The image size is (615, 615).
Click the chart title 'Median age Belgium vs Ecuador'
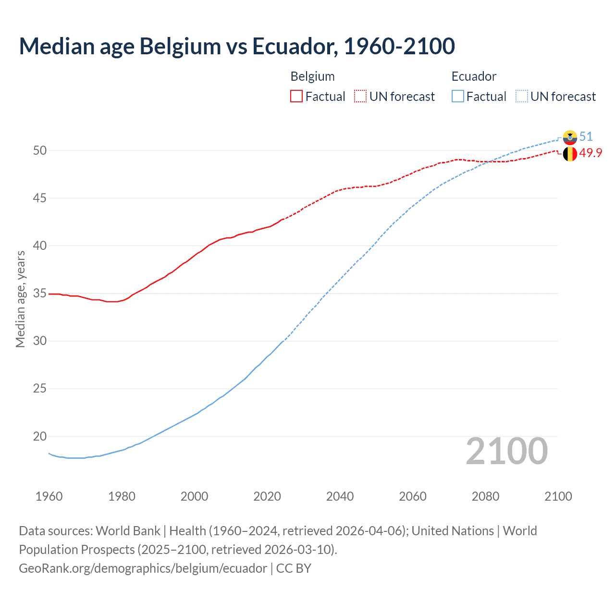pos(236,46)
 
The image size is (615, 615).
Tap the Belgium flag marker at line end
pos(570,154)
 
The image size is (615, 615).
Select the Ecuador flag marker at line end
pos(570,137)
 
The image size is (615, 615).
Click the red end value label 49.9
pos(590,153)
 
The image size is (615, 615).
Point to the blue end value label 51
pos(586,137)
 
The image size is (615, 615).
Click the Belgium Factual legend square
pos(296,97)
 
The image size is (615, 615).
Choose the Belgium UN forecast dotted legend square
pos(360,97)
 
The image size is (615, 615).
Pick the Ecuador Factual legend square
pos(458,97)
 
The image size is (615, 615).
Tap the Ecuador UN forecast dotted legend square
pos(521,97)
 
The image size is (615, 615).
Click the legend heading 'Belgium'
pos(312,76)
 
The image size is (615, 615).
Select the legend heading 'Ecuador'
pos(474,76)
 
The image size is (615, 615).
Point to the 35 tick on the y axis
pos(40,293)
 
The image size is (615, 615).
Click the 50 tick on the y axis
pos(40,150)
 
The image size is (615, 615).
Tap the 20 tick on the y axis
pos(40,436)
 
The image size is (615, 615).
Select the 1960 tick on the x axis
pos(49,496)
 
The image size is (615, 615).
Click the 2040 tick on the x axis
pos(340,496)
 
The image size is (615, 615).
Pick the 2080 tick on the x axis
pos(485,496)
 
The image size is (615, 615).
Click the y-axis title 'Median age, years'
pos(20,299)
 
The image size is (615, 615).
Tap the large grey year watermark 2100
pos(506,451)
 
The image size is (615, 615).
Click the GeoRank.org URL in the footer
pos(143,568)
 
